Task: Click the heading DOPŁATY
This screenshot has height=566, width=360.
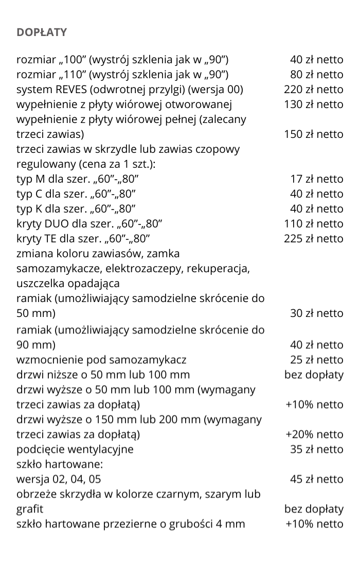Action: click(x=42, y=32)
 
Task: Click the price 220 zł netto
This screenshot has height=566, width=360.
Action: click(x=313, y=90)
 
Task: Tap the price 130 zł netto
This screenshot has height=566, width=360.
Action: click(x=313, y=104)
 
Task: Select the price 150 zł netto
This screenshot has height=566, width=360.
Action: click(x=313, y=134)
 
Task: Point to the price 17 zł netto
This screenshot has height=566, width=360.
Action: click(x=317, y=179)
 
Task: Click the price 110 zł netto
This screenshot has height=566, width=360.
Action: click(x=313, y=224)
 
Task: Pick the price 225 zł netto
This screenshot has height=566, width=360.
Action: click(x=313, y=239)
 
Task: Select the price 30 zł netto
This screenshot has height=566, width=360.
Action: click(x=317, y=313)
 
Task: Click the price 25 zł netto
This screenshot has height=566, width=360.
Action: click(x=317, y=360)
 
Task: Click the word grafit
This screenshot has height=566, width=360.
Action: click(x=30, y=509)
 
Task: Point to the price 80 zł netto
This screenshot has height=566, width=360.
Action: click(x=317, y=75)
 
